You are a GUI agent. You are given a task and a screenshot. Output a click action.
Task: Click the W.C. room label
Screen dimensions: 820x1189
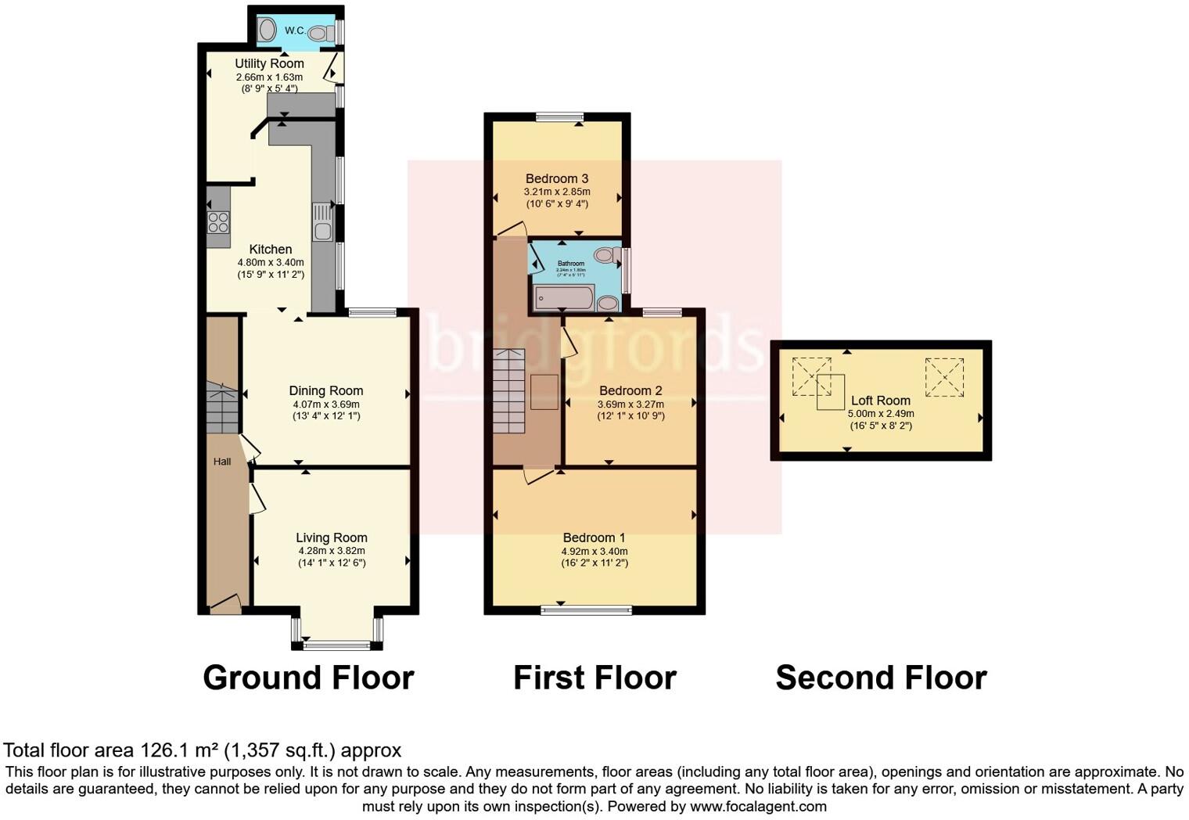point(294,31)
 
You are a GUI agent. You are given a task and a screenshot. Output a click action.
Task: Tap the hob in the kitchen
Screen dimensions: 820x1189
point(219,222)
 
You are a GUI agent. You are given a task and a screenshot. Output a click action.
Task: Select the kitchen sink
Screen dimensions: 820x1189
point(322,221)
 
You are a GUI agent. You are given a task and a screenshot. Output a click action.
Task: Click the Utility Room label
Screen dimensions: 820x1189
point(269,63)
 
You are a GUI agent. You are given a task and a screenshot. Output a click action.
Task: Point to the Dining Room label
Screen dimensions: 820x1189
point(325,390)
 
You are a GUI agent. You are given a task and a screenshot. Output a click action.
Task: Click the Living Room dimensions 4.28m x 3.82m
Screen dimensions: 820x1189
point(332,551)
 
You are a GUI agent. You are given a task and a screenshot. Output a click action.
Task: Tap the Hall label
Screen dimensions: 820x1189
point(222,462)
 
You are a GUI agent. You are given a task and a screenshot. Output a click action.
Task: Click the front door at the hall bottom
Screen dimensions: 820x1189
point(225,604)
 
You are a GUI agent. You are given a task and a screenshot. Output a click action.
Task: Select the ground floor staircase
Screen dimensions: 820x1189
point(223,408)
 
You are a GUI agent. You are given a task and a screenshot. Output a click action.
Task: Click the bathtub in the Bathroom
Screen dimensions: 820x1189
point(563,298)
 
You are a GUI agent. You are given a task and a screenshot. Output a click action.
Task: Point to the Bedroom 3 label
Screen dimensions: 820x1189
point(556,178)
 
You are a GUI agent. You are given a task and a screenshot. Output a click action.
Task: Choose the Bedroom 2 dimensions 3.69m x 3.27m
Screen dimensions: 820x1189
point(630,405)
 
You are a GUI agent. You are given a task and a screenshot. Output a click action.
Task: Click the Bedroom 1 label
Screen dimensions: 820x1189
point(594,538)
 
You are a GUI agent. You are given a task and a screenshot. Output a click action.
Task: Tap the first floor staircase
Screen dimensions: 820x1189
point(508,391)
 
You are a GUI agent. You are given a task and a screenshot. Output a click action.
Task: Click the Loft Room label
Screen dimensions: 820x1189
point(880,400)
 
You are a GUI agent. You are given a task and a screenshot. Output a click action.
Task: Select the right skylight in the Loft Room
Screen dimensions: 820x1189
point(944,376)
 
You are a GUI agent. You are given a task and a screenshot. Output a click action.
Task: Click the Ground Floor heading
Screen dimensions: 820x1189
point(308,678)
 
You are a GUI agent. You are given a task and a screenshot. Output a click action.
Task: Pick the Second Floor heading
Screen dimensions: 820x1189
point(881,678)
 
